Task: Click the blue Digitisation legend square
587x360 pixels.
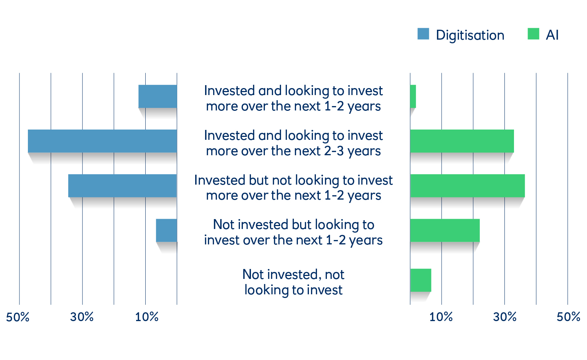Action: [423, 34]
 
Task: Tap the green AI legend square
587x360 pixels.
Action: [533, 34]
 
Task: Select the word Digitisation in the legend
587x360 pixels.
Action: [470, 35]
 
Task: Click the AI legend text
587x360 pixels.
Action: [552, 34]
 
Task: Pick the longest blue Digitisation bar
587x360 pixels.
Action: [102, 141]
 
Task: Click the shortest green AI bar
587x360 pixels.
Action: [413, 96]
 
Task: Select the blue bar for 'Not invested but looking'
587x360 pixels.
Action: [167, 230]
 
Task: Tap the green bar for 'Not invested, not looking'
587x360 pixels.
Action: [420, 280]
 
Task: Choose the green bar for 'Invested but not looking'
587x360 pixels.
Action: [467, 186]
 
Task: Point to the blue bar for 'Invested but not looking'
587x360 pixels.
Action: [123, 186]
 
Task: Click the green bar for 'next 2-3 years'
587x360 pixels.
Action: [462, 141]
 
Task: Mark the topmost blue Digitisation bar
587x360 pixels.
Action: [158, 96]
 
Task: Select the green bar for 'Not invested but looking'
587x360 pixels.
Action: [445, 230]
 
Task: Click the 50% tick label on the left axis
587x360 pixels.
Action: [18, 317]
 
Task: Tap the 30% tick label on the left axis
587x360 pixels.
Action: [82, 317]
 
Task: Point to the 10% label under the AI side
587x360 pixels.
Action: [441, 317]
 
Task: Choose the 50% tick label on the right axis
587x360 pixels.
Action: [568, 317]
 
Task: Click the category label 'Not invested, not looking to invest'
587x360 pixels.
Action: [293, 282]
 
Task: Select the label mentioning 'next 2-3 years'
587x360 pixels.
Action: [293, 143]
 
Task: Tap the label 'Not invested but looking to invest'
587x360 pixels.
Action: [293, 232]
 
